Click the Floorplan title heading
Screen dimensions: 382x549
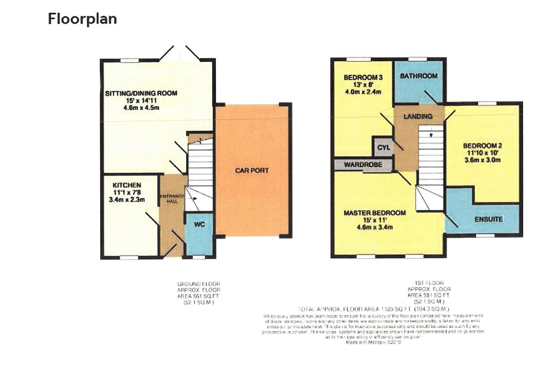coord(82,19)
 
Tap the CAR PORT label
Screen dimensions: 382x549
coord(252,170)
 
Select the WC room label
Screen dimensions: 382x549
coord(199,225)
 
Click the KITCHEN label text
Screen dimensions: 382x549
coord(127,185)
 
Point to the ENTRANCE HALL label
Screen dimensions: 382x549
coord(172,198)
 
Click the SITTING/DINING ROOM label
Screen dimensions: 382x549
coord(141,93)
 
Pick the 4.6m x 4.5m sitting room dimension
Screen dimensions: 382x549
coord(141,108)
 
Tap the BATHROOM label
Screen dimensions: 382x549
coord(419,76)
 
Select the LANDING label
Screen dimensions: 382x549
coord(418,116)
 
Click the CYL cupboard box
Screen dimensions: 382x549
coord(383,147)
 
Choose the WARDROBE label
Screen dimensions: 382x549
coord(363,165)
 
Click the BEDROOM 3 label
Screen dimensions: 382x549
coord(363,77)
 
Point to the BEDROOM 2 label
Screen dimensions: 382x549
coord(482,146)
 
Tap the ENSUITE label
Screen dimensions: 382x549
coord(488,219)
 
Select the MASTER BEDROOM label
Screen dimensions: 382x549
coord(374,213)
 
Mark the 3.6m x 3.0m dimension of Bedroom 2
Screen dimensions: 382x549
coord(482,160)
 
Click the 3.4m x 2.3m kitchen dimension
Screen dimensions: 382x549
coord(127,199)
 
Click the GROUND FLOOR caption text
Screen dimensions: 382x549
coord(199,284)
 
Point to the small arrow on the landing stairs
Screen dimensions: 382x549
coord(431,135)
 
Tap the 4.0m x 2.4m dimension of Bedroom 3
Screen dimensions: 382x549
coord(363,92)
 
